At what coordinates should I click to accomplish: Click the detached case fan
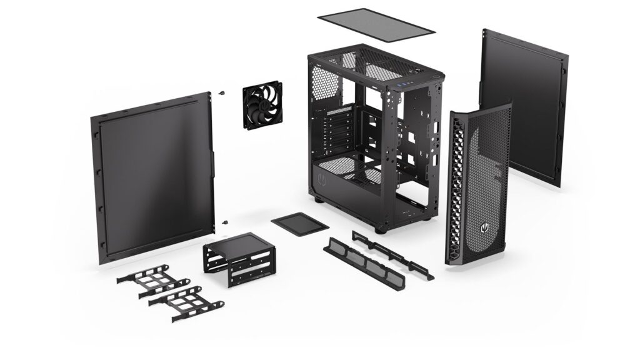(x=262, y=105)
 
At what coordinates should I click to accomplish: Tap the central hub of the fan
(x=262, y=105)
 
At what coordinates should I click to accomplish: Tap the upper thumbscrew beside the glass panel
(x=222, y=94)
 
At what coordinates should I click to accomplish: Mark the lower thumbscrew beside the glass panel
(x=223, y=221)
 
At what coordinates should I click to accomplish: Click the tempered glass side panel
(x=153, y=178)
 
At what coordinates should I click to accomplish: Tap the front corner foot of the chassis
(x=380, y=229)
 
